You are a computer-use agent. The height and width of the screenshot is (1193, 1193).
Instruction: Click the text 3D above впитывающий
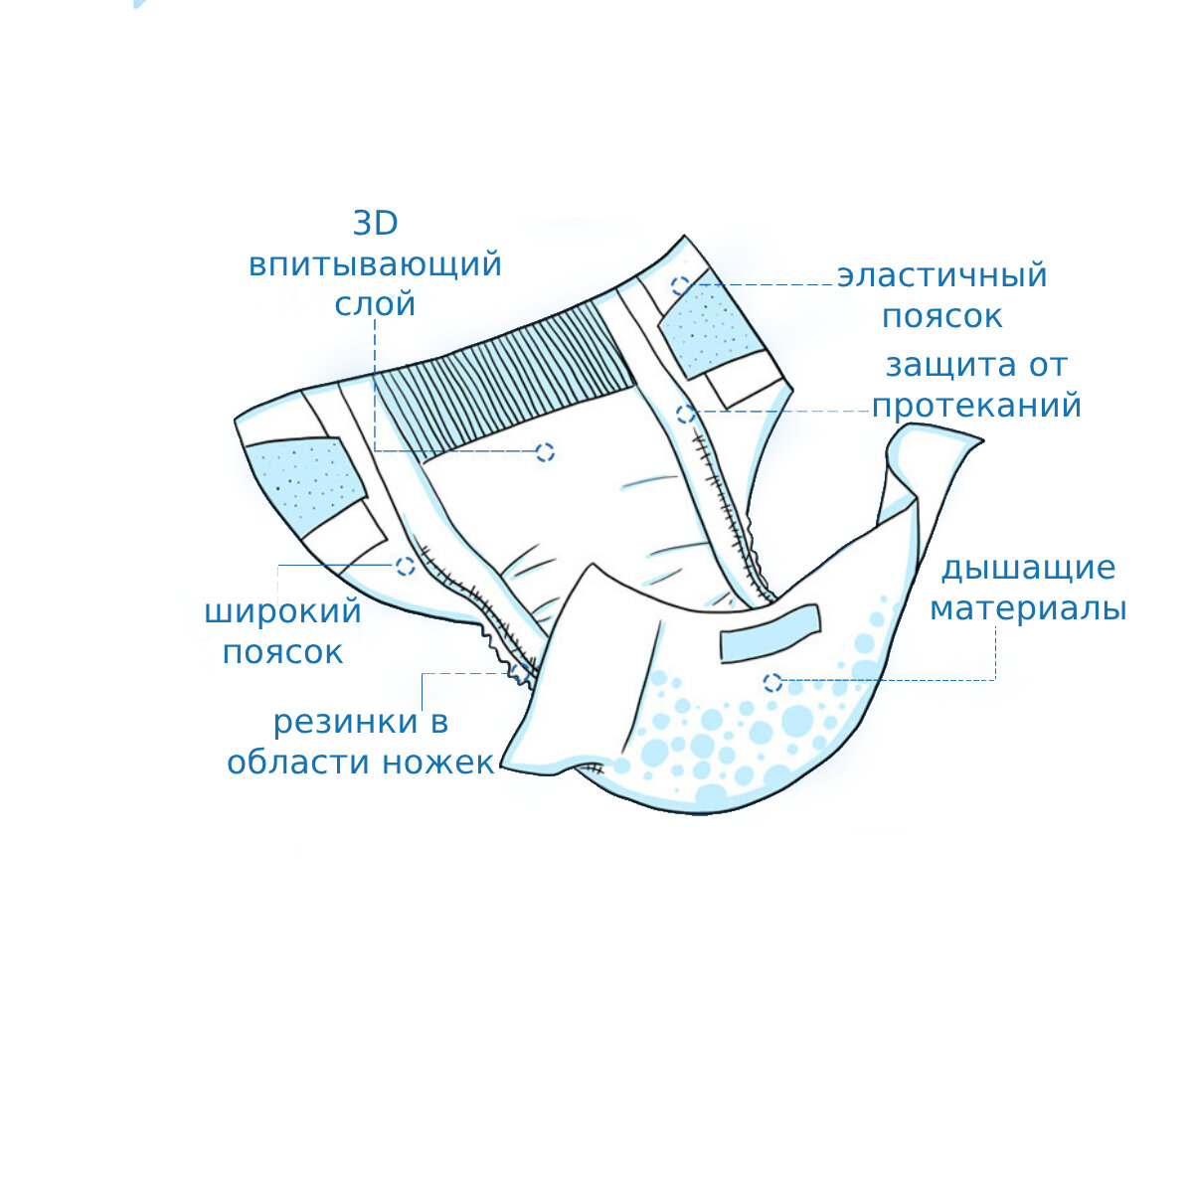point(376,224)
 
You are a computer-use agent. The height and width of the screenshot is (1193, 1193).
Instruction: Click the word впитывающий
point(375,266)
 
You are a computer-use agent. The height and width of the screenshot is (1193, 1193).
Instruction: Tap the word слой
point(375,304)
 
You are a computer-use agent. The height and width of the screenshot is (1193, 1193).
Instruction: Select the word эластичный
point(942,275)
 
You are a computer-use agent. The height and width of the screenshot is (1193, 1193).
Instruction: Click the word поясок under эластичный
point(942,316)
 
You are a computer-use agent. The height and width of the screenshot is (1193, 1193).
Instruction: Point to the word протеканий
point(976,406)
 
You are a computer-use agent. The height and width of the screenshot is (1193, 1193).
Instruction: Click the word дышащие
point(1029,569)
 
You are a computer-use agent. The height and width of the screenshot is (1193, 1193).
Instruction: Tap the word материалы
point(1028,608)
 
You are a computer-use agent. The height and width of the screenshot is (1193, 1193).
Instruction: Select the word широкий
point(282,611)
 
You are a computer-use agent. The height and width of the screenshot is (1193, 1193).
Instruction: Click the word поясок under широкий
point(282,652)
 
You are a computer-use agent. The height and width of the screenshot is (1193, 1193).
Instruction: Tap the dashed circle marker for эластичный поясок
point(680,285)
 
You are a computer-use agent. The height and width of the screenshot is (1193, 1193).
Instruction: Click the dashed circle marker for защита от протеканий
point(684,414)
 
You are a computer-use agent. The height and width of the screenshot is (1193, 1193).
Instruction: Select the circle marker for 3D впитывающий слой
point(544,452)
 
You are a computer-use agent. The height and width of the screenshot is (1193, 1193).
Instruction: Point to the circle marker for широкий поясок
point(405,566)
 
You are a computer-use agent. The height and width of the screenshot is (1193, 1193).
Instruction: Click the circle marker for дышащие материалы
point(772,683)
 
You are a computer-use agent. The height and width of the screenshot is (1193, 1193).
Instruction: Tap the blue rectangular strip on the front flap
point(770,632)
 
